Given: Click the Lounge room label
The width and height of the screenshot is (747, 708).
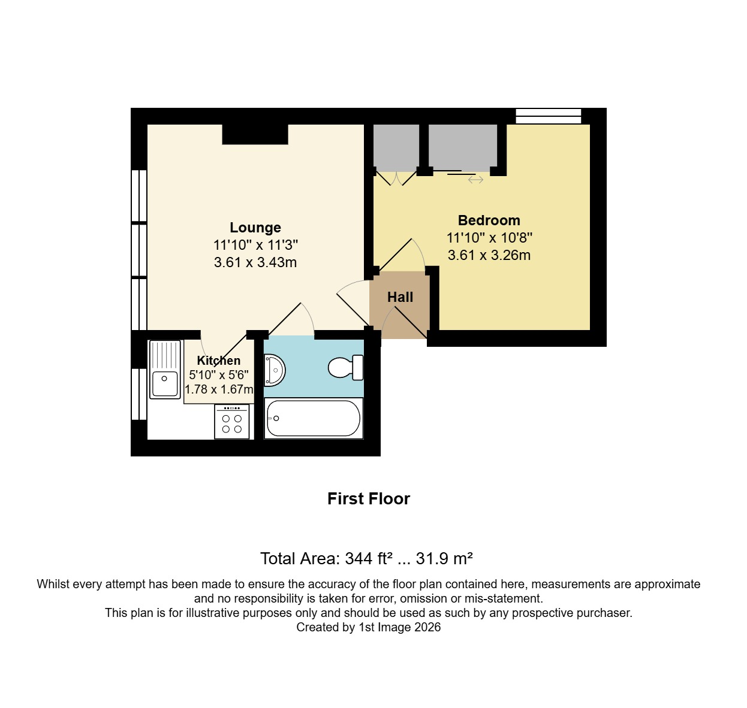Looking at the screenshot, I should point(255,228).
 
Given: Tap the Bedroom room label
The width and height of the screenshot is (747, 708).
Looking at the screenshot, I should point(489,220).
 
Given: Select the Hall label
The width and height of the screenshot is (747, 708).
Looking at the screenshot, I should point(400,297).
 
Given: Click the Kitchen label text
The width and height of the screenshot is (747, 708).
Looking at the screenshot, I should point(219,361).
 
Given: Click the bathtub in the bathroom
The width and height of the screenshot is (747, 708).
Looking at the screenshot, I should point(313,418).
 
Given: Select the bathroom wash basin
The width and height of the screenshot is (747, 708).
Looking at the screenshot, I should point(274,370).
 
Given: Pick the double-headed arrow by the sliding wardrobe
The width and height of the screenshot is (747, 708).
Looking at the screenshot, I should point(475,180).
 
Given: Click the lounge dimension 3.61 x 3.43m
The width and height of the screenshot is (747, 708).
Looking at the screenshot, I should point(255,262).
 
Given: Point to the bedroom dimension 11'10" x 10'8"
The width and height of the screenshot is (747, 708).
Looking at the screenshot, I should point(489,238).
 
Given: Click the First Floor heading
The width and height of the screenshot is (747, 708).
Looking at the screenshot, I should point(369,499).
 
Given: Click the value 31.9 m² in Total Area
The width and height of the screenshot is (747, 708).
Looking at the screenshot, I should point(444,559).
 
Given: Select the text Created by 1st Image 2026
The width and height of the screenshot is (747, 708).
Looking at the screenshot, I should point(369,627).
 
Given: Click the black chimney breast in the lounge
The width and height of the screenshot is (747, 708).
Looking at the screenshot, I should point(255,134).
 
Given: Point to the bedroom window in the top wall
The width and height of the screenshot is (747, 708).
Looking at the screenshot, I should point(549,116).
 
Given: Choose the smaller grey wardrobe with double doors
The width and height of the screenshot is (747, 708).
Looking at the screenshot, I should point(396,147).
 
